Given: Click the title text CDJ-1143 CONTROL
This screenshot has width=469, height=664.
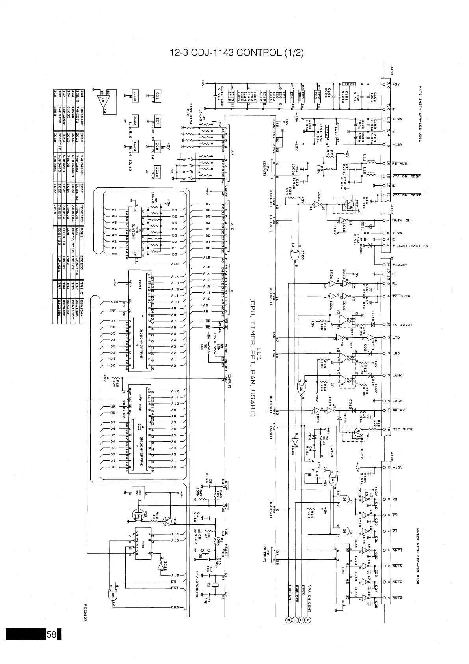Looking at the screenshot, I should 236,52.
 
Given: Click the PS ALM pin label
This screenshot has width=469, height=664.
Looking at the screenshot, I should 400,163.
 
